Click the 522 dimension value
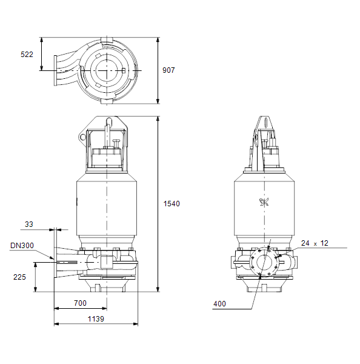(27, 55)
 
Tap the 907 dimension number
(168, 70)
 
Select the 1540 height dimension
(172, 204)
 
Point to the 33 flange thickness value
(29, 224)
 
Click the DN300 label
(22, 245)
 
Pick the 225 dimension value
(20, 277)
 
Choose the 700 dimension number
(80, 303)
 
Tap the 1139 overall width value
(96, 318)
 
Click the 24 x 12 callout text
(315, 243)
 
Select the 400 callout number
(219, 304)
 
